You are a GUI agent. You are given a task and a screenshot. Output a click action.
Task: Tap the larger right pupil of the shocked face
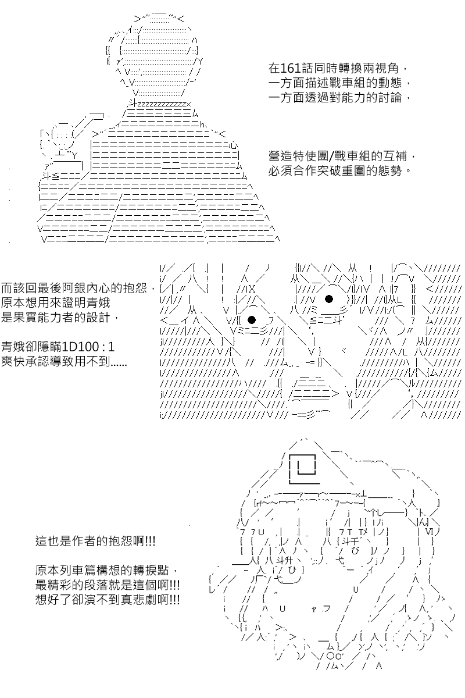click(x=329, y=299)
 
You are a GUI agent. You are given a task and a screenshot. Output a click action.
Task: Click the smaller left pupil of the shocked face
click(x=252, y=320)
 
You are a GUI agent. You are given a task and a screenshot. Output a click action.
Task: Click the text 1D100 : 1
click(x=88, y=347)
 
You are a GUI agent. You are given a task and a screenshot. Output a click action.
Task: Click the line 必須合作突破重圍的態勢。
click(x=340, y=171)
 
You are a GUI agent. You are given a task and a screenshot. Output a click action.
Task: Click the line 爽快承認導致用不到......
click(x=64, y=361)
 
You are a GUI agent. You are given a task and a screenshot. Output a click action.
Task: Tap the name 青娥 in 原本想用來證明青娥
click(x=98, y=302)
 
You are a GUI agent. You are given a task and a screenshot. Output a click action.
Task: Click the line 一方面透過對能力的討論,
click(x=339, y=98)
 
